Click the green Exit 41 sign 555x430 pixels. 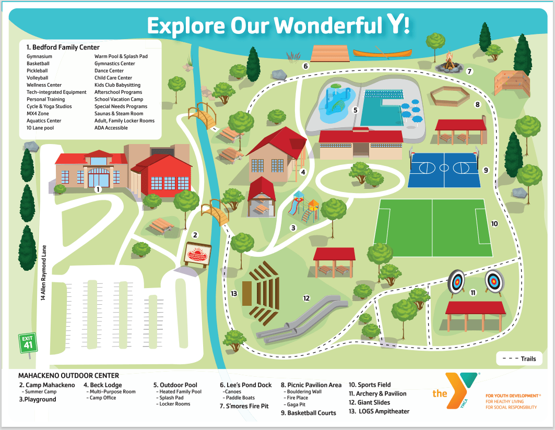coord(27,343)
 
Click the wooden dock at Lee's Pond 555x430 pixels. coord(330,53)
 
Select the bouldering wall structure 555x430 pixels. coord(512,83)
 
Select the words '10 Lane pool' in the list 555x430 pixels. coord(40,128)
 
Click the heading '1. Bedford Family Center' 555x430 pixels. coord(63,47)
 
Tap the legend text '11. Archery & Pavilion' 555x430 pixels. coord(377,393)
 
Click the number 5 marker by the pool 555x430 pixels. coord(355,110)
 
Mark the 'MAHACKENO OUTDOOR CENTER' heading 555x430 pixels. coord(68,375)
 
